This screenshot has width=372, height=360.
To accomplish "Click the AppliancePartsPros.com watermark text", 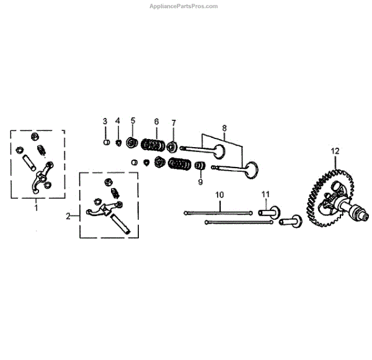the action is tap(184, 6).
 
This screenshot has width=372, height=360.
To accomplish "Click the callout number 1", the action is tap(36, 208).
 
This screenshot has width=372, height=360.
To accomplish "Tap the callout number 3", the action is tap(105, 120).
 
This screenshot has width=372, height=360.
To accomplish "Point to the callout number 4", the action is tap(118, 120).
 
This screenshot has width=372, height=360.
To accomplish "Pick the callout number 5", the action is tap(133, 120).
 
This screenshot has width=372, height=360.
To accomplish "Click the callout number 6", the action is tap(156, 121).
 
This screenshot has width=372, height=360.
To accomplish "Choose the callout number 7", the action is tap(174, 122).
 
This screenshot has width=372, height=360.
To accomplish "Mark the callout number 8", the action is tap(224, 129).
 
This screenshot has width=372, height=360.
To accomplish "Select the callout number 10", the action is tap(218, 195).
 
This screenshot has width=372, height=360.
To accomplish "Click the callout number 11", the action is tap(265, 195).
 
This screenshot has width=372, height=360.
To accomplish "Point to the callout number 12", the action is tap(335, 151).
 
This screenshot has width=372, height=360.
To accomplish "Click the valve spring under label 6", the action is tap(152, 145).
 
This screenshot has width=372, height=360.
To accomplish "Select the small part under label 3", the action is tap(106, 142).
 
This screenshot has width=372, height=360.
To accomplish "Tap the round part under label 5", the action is tap(131, 143).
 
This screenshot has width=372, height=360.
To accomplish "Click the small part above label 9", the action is tap(200, 166).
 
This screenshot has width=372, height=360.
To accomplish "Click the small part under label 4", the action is tap(118, 143).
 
